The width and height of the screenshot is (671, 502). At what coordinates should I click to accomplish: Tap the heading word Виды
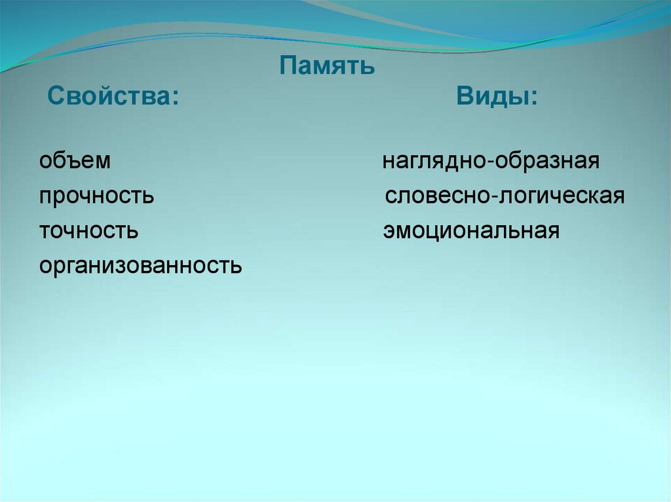(x=494, y=98)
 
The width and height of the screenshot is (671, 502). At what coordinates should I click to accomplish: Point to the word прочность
(x=96, y=196)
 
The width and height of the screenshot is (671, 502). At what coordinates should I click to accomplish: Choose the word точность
(x=88, y=231)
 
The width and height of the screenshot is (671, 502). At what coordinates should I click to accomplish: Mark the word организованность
(x=140, y=266)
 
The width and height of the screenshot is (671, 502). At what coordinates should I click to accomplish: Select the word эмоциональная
(x=471, y=231)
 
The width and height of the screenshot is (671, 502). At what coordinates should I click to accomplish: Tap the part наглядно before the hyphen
(x=434, y=162)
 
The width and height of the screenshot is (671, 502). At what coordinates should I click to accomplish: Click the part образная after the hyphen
(x=547, y=162)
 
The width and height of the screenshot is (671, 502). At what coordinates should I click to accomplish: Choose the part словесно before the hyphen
(x=437, y=196)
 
